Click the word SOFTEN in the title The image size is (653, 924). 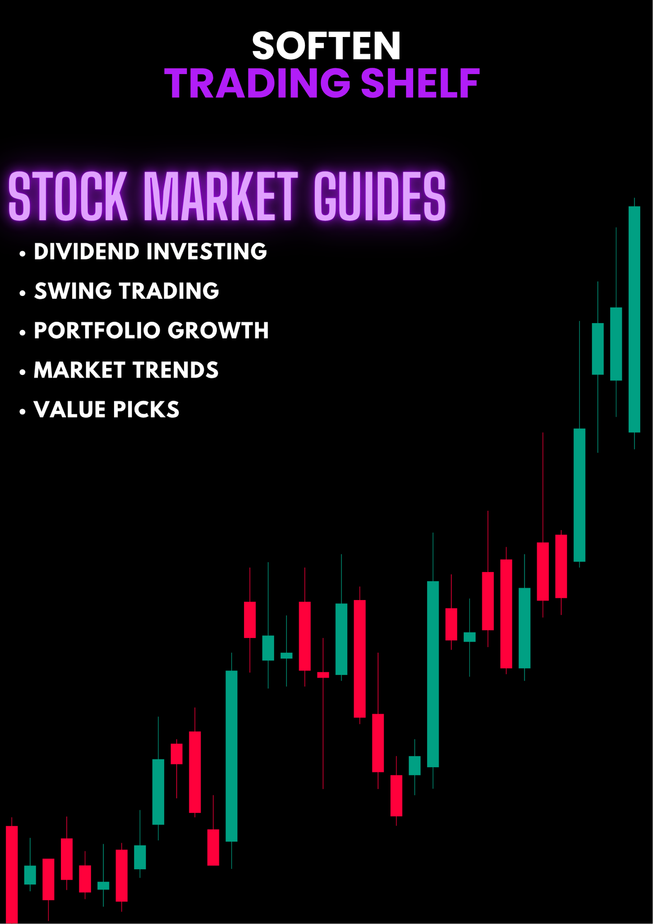(326, 46)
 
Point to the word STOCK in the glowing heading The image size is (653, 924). (68, 197)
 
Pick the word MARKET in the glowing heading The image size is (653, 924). (221, 197)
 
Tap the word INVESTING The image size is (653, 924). (207, 251)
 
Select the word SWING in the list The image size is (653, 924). (73, 291)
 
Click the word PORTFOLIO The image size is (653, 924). (97, 331)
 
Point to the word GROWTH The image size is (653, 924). (218, 331)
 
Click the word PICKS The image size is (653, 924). (146, 410)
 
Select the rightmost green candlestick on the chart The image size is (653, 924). (634, 319)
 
